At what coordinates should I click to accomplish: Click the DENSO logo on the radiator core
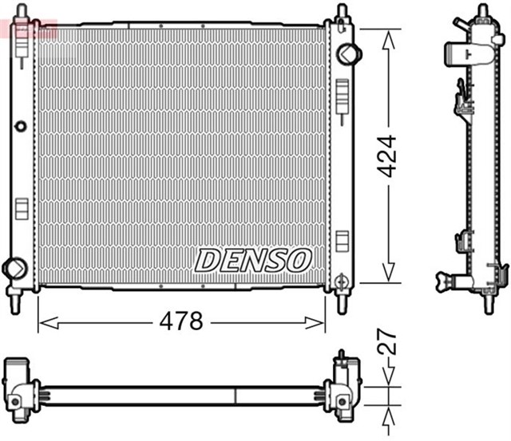pos(253,259)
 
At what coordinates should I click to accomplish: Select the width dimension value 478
pos(181,322)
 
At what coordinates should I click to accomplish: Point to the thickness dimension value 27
pos(387,345)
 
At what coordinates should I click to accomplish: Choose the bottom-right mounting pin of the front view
pos(342,303)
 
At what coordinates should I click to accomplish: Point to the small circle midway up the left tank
pos(21,126)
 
